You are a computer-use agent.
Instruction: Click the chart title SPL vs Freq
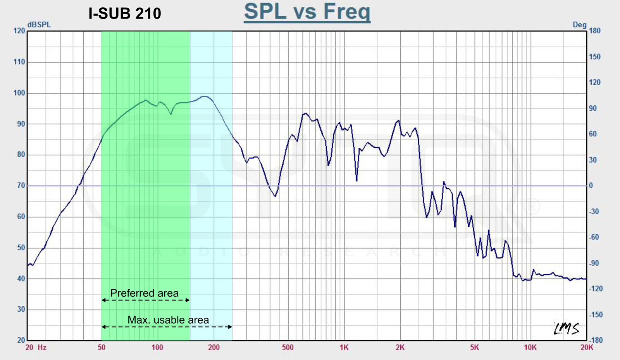coord(307,12)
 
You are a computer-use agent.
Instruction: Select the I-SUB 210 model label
coord(124,14)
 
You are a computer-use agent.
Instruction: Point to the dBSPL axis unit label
coord(39,25)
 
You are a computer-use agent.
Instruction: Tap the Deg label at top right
coord(579,25)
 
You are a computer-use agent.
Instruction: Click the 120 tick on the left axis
coord(19,31)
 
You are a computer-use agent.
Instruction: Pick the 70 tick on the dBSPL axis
coord(21,186)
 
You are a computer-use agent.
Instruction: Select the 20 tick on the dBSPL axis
coord(21,340)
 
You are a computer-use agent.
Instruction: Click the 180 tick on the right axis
coord(595,31)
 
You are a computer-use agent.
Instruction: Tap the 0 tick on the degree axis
coord(591,186)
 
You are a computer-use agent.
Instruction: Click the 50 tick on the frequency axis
coord(102,348)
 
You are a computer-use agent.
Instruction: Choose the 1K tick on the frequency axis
coord(344,348)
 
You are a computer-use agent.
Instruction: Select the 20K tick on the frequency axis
coord(587,348)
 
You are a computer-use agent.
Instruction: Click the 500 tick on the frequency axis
coord(288,348)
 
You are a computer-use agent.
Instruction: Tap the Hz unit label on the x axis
coord(42,348)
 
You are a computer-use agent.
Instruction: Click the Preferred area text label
coord(144,293)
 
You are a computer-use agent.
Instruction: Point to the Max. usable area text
coord(168,320)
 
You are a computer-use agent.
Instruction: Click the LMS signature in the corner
coord(566,329)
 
